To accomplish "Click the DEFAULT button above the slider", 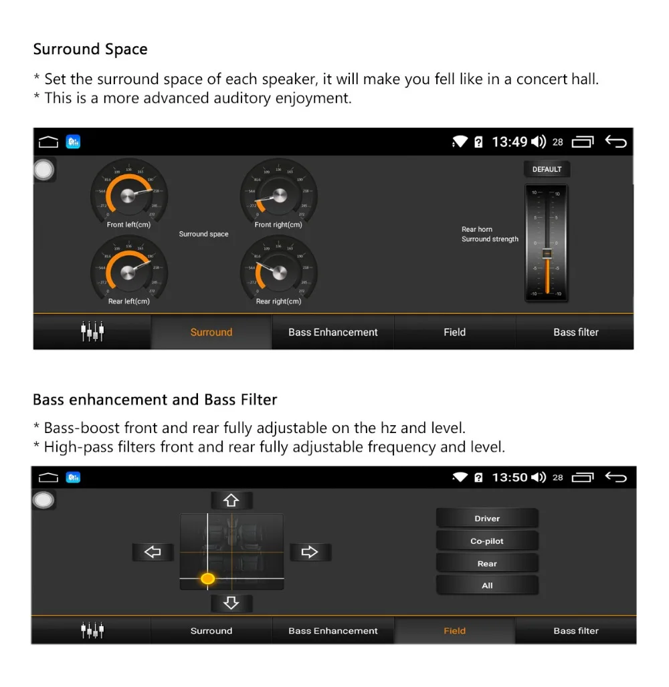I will (547, 169).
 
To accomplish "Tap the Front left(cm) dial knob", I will (129, 195).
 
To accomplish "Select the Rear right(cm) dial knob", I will (278, 272).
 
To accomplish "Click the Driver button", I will (487, 519).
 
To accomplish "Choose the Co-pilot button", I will (487, 541).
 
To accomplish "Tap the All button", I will (487, 585).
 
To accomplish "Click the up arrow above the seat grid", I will (231, 500).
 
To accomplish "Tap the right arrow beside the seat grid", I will (310, 552).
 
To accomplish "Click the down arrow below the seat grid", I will (231, 603).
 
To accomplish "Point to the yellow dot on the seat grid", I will (208, 578).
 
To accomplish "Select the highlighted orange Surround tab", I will (211, 332).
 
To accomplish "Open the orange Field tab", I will (454, 631).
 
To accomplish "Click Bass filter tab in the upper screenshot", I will (575, 332).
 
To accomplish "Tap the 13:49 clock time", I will (510, 142).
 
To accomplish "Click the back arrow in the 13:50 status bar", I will (615, 477).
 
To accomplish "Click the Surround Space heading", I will (90, 49).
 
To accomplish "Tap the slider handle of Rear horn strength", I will (547, 253).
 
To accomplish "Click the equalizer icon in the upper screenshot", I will (92, 331).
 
